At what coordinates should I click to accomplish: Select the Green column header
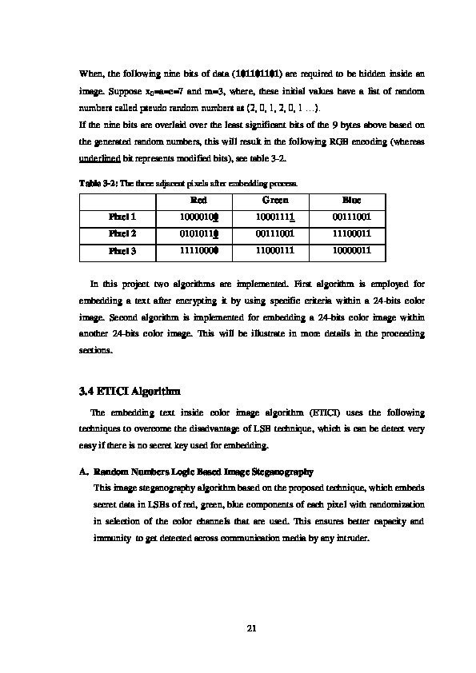(x=275, y=200)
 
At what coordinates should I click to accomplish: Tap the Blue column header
(x=351, y=200)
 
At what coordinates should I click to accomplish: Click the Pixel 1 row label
(x=122, y=217)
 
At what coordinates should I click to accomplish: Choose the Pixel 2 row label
(x=122, y=234)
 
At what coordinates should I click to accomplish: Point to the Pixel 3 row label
(x=122, y=251)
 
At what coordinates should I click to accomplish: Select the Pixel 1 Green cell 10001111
(x=275, y=217)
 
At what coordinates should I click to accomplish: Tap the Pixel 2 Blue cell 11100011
(x=351, y=234)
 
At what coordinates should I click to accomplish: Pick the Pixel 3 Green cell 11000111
(x=275, y=251)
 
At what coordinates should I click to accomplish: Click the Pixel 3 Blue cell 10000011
(x=351, y=251)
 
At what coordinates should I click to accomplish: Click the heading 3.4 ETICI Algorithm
(x=130, y=392)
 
